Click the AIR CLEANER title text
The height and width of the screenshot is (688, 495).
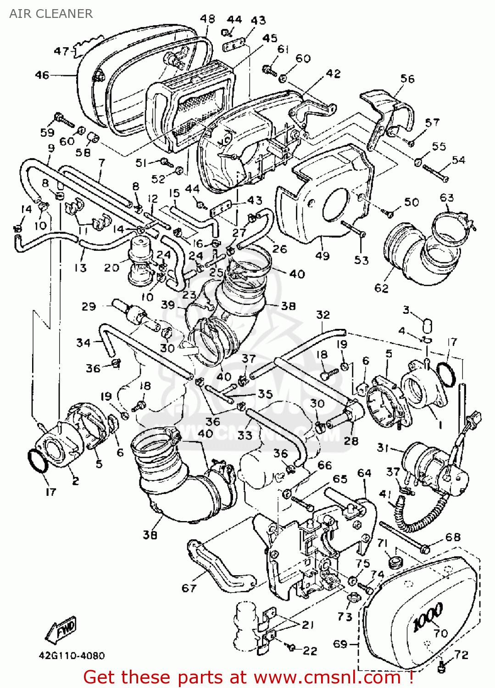(x=51, y=14)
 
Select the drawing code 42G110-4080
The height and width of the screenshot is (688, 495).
(x=72, y=656)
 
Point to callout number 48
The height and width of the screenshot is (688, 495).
(x=207, y=19)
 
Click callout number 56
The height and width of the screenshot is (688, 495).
(x=407, y=79)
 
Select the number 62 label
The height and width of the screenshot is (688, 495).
(x=381, y=288)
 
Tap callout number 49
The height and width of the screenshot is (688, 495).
(x=323, y=255)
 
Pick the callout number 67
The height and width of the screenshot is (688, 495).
(x=189, y=588)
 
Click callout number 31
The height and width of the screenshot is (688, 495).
(x=383, y=447)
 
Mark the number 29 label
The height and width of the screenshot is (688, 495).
(x=89, y=306)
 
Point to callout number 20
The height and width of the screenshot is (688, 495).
(x=111, y=267)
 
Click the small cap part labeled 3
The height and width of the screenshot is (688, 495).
(x=427, y=325)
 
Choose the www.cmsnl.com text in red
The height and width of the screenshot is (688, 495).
(x=328, y=677)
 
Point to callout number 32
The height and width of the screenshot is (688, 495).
(x=323, y=315)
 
